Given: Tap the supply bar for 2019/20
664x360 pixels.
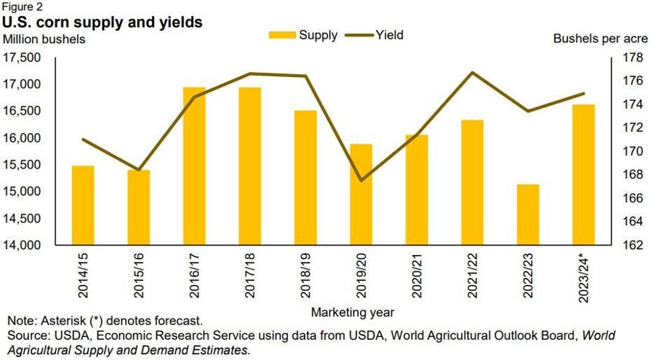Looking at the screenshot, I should pyautogui.click(x=361, y=194).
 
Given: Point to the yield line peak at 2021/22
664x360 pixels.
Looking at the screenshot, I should pyautogui.click(x=472, y=72).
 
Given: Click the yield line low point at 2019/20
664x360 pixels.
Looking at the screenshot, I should pyautogui.click(x=361, y=180).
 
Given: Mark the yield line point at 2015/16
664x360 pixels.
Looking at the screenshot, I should pyautogui.click(x=138, y=170).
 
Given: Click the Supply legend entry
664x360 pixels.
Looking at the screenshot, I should pyautogui.click(x=303, y=35).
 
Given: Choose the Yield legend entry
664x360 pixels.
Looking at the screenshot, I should pyautogui.click(x=374, y=35).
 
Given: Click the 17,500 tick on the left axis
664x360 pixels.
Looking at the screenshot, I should pyautogui.click(x=23, y=58).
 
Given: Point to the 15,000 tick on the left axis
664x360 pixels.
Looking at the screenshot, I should pyautogui.click(x=23, y=192).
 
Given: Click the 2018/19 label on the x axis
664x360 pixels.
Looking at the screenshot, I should pyautogui.click(x=305, y=272).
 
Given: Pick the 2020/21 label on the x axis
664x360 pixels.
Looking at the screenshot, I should pyautogui.click(x=416, y=272).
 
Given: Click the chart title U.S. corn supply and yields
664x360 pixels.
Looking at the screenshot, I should pyautogui.click(x=102, y=22).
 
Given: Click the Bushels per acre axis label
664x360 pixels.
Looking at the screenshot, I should pyautogui.click(x=605, y=39).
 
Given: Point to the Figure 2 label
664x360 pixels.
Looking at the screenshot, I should pyautogui.click(x=22, y=6).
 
